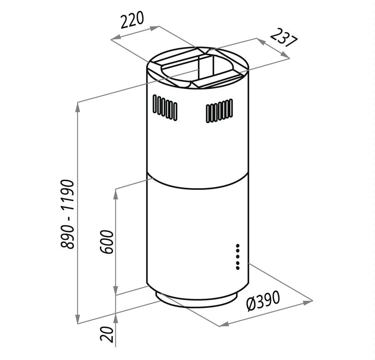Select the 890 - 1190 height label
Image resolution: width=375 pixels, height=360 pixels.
(x=67, y=214)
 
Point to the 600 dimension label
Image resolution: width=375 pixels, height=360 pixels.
(x=106, y=242)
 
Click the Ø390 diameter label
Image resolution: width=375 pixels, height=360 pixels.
(x=263, y=301)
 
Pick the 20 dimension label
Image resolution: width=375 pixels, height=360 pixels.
(x=107, y=334)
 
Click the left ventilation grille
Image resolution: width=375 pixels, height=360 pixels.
(x=165, y=108)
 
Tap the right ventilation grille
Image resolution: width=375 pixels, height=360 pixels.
(x=219, y=111)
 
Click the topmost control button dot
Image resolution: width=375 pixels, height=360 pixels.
(x=238, y=246)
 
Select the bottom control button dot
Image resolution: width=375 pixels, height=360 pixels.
(x=238, y=268)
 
